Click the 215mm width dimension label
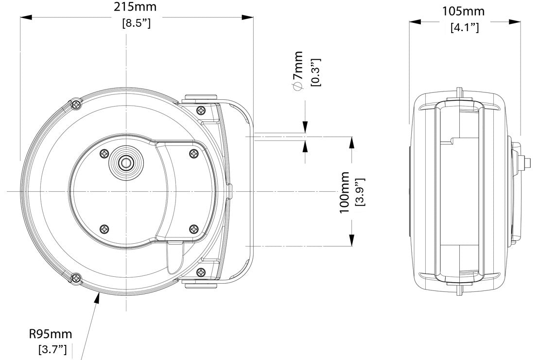(x=135, y=7)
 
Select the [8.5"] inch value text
(x=136, y=23)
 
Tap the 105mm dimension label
(x=463, y=11)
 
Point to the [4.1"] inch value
(x=465, y=27)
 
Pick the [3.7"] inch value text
(x=52, y=349)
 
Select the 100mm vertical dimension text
(x=345, y=193)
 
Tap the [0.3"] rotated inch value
(x=315, y=72)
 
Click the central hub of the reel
(x=125, y=163)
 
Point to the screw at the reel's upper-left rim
(x=76, y=104)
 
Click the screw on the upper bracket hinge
(x=201, y=110)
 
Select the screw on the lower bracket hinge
(x=201, y=273)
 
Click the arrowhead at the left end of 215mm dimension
(x=26, y=17)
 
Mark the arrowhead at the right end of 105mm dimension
(x=515, y=22)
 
